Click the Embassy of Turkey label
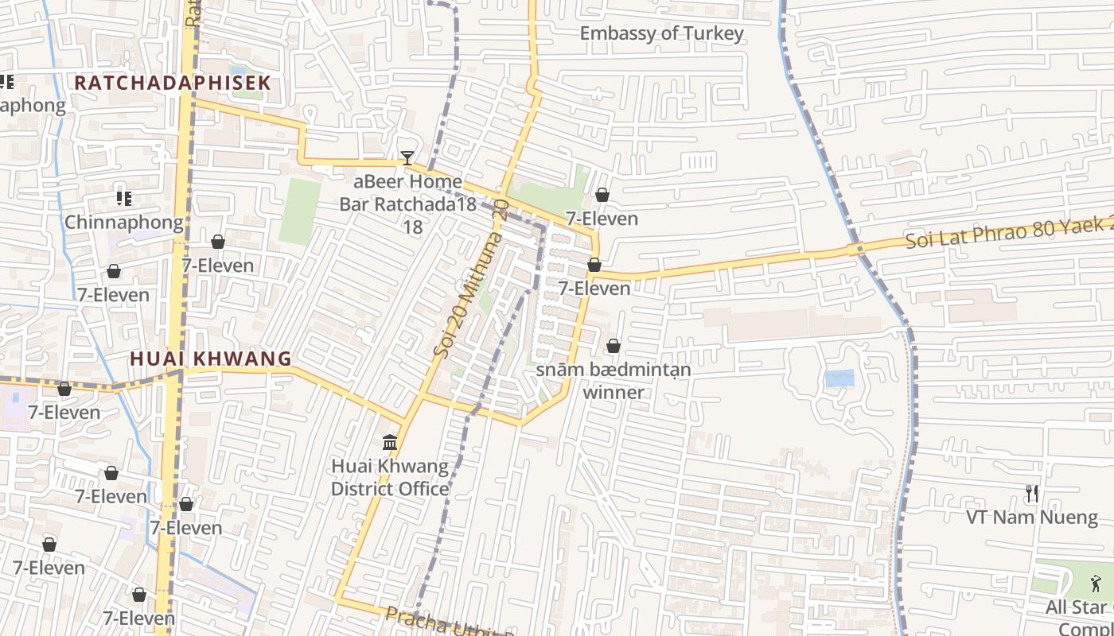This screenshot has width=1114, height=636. click(661, 33)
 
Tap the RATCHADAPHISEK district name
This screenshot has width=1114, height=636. click(173, 83)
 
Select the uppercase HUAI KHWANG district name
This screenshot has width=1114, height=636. click(211, 359)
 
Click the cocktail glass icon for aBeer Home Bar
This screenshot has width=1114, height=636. click(407, 158)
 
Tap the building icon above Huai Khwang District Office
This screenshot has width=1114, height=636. click(390, 442)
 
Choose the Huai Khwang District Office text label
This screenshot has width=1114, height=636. click(390, 477)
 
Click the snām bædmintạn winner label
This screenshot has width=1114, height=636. click(613, 381)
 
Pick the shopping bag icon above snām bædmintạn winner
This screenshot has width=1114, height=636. click(613, 346)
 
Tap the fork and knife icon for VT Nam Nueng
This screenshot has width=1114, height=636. click(1032, 494)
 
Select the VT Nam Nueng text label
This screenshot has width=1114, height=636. click(1032, 518)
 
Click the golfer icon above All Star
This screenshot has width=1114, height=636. click(1096, 584)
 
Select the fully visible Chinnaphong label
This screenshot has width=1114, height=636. click(123, 223)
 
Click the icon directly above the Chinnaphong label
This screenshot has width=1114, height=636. click(123, 198)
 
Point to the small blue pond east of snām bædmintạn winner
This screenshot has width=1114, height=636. click(839, 378)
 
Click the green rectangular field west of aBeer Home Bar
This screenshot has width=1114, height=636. click(300, 211)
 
